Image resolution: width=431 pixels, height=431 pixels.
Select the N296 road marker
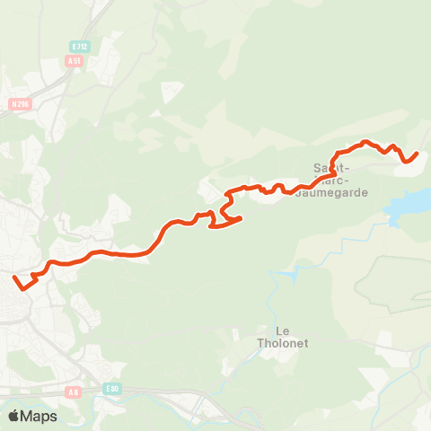(x=21, y=103)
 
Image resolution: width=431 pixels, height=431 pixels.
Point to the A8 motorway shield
(x=75, y=391)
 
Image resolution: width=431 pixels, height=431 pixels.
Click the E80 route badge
(x=111, y=388)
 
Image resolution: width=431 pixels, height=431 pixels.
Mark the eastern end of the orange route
(x=418, y=154)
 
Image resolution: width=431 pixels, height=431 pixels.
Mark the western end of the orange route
(x=15, y=278)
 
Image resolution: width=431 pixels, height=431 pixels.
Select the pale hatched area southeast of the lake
(x=395, y=287)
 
